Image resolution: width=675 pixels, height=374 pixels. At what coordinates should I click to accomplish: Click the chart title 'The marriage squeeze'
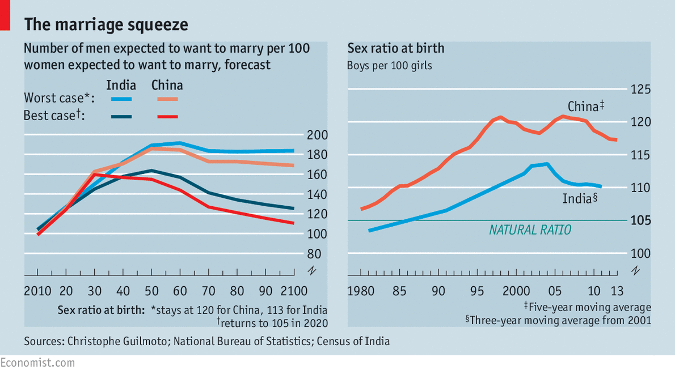[106, 24]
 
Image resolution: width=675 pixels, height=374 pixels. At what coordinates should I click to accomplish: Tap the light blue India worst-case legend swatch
[121, 99]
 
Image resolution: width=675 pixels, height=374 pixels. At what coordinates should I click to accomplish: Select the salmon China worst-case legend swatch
[167, 99]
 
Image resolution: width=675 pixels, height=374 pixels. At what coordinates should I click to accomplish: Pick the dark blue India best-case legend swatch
[121, 116]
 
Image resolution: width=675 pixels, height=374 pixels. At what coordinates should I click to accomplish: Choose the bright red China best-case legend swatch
[167, 116]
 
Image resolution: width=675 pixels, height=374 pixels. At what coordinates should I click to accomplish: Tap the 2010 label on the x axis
[37, 291]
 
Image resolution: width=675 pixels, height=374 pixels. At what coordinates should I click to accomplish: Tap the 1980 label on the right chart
[360, 291]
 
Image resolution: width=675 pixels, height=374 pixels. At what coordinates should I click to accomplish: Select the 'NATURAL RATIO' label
[530, 230]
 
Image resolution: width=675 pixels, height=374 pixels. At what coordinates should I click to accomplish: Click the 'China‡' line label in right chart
[585, 107]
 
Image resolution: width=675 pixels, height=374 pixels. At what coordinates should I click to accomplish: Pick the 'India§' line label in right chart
[581, 199]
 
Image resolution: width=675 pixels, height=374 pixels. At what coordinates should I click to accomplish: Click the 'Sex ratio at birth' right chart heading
[395, 48]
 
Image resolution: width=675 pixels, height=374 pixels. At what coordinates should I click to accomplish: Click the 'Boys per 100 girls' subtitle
[389, 65]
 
